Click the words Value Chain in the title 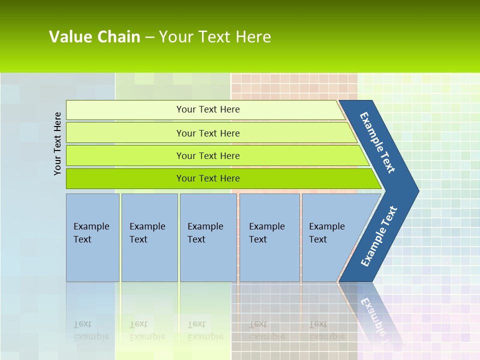pos(94,36)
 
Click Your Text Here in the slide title pos(215,36)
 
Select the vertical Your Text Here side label pos(58,143)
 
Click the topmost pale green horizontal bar pos(125,110)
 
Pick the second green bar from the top pos(125,133)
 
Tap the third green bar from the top pos(125,155)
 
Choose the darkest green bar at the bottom pos(125,178)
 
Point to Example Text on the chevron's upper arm pos(377,142)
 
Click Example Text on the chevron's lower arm pos(378,236)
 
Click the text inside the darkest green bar pos(208,178)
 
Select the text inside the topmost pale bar pos(208,109)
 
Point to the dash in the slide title pos(149,37)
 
